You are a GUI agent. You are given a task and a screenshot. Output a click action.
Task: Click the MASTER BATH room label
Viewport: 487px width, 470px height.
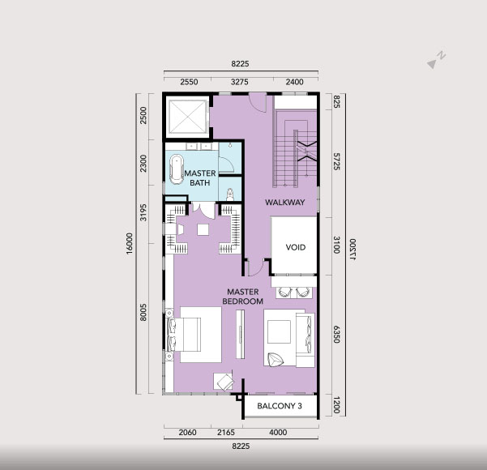coord(200,177)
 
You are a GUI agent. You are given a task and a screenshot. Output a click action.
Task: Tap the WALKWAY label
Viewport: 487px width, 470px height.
coord(284,203)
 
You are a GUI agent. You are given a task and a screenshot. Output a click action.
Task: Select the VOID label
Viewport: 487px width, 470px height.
coord(296,247)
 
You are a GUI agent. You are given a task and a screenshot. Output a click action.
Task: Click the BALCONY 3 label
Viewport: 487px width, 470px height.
coord(280,406)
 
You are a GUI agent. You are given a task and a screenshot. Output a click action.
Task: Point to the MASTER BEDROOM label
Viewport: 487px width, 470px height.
coord(243,297)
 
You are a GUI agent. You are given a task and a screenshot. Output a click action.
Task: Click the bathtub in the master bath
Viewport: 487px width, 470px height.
coord(177,169)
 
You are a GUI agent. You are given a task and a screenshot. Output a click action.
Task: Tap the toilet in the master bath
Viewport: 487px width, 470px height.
coord(230,194)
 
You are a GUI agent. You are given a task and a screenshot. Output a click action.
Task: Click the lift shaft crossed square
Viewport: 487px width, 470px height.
coord(187,117)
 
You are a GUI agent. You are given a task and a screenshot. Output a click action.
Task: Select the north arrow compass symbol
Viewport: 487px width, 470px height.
coord(437,60)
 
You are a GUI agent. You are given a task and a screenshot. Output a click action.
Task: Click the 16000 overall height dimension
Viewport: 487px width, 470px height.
coord(129,243)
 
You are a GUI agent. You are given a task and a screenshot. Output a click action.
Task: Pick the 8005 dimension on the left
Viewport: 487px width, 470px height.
coord(143,313)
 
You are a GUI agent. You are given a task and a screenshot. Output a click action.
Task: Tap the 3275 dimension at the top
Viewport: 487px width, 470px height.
coord(240,82)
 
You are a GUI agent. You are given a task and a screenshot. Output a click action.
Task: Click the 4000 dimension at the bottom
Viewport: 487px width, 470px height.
coord(278,433)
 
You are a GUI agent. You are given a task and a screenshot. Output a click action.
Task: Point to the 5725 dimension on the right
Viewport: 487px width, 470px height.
coord(336,161)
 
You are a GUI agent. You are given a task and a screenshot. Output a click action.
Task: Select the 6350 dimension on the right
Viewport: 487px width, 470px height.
coord(336,334)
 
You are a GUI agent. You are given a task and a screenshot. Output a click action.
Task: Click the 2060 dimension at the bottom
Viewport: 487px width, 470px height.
coord(188,433)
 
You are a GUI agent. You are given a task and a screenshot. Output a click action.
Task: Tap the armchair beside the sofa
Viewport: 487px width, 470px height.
coord(276,360)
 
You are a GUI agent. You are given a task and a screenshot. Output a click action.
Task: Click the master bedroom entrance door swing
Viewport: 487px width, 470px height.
coord(256,268)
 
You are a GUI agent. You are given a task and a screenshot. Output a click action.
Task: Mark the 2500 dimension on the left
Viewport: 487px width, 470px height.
coord(143,115)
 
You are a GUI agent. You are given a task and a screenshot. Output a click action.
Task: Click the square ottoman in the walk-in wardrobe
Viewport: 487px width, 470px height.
coord(203,229)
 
